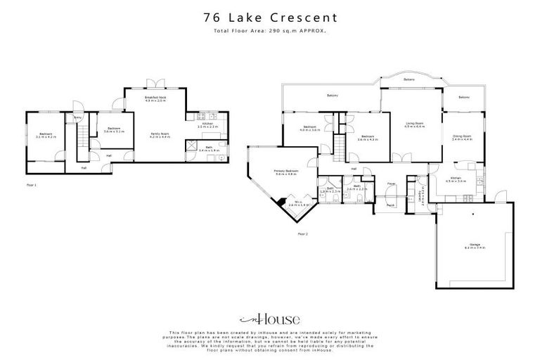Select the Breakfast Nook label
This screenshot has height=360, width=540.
click(x=155, y=98)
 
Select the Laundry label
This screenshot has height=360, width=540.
click(x=420, y=193)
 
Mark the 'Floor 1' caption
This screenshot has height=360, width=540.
click(x=31, y=185)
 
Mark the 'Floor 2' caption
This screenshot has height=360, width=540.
click(x=303, y=233)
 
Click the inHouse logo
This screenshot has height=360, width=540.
click(x=269, y=317)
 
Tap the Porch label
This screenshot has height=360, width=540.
click(x=390, y=205)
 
